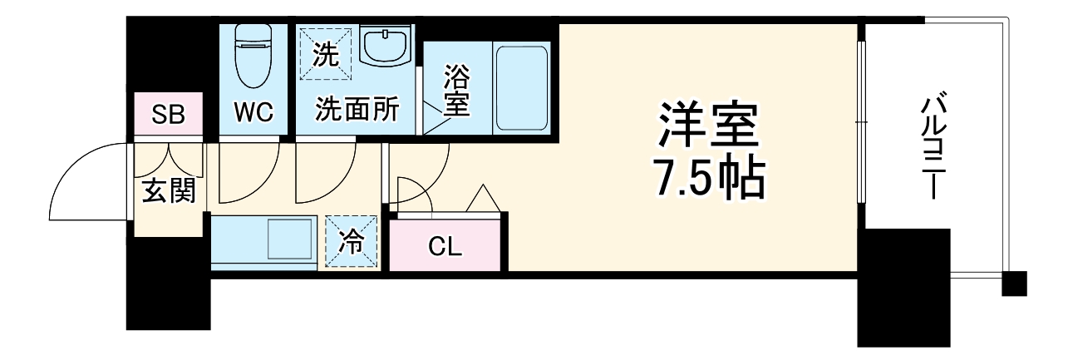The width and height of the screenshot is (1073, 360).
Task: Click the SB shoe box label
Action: [x=169, y=115]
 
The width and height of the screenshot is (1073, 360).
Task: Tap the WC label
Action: [x=253, y=113]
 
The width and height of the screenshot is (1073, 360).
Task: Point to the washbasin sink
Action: [x=386, y=49]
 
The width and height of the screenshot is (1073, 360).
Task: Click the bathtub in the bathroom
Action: [x=521, y=87]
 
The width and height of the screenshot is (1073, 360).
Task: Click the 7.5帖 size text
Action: [x=708, y=177]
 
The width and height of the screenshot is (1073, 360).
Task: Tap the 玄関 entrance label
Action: [x=169, y=191]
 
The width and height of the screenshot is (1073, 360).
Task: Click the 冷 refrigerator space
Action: [x=352, y=242]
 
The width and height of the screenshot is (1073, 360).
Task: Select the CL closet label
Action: [x=445, y=246]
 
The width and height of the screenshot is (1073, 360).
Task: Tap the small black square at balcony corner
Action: [x=1014, y=284]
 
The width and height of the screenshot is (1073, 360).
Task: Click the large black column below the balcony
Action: [x=903, y=287]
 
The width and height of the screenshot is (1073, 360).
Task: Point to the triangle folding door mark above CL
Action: [x=482, y=199]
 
